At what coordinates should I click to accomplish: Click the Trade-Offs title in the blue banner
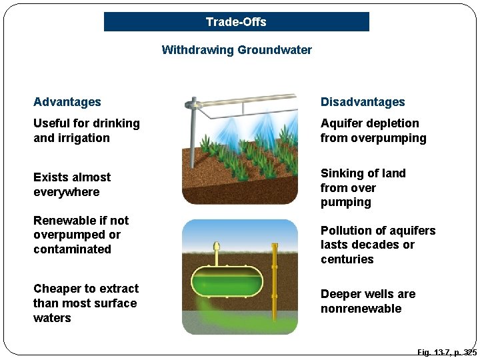[x=236, y=22]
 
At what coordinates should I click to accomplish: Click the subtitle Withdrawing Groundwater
[x=237, y=50]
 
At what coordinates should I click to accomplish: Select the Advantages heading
[x=67, y=102]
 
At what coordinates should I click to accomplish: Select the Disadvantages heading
[x=363, y=102]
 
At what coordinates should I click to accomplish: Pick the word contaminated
[x=72, y=249]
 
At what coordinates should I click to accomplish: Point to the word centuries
[x=347, y=259]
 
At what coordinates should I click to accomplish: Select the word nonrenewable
[x=361, y=309]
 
